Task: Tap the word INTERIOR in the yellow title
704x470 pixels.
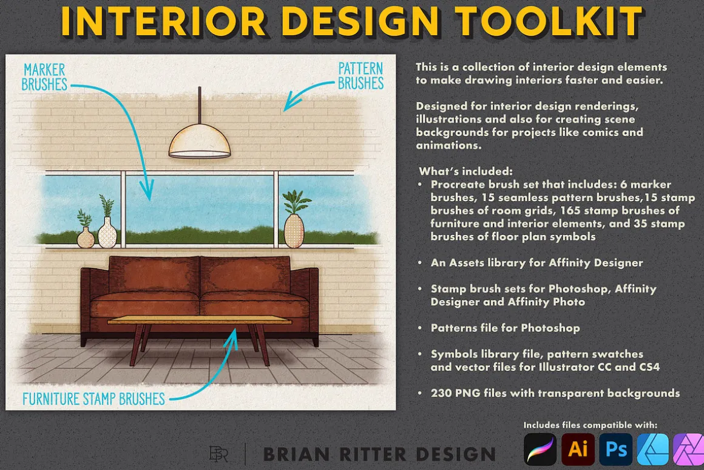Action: coord(163,21)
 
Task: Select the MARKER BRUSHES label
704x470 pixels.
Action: coord(44,77)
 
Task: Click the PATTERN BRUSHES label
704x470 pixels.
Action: coord(360,76)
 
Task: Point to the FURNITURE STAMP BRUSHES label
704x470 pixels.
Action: coord(94,398)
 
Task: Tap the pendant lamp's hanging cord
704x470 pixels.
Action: coord(200,105)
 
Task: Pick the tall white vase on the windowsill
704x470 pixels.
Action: coord(107,232)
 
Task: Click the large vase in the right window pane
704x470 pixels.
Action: coord(294,231)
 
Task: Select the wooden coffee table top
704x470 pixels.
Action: coord(199,320)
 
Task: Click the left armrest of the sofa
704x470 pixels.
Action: coord(87,305)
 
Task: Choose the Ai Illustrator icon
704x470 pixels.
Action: coord(577,449)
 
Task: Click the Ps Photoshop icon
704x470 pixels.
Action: coord(616,449)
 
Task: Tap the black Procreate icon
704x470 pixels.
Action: coord(540,449)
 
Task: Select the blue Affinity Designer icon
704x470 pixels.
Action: coord(653,449)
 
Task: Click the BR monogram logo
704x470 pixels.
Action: coord(218,454)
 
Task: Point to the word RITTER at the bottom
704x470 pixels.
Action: coord(373,454)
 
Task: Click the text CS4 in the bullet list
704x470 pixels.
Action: coord(649,367)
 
